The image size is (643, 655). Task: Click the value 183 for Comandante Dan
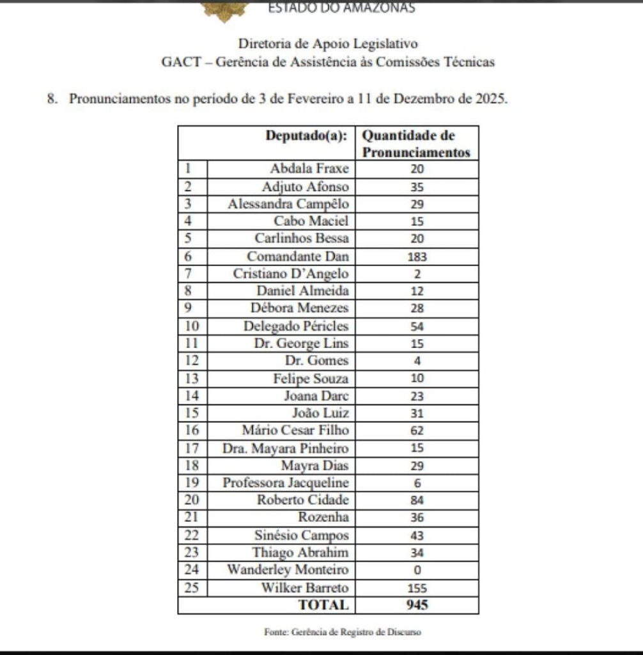click(417, 257)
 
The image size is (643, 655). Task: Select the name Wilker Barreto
click(306, 587)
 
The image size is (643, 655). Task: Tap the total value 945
click(417, 604)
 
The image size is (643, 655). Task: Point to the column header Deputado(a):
click(307, 136)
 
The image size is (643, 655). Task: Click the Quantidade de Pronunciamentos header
click(416, 144)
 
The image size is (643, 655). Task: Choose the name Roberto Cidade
click(303, 500)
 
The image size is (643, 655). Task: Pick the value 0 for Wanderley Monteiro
click(417, 570)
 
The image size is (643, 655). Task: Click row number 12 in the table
click(192, 360)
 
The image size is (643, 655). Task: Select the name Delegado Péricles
click(296, 326)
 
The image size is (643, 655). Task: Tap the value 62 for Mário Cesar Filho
click(417, 431)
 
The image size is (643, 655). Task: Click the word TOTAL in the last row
click(325, 604)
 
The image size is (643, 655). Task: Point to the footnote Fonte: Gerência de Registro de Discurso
click(343, 632)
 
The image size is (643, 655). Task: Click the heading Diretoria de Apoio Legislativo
click(328, 44)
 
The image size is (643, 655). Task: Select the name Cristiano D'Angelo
click(291, 274)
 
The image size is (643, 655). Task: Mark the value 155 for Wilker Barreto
click(417, 588)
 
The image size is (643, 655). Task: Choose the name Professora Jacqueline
click(286, 483)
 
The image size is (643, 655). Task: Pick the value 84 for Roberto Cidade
click(417, 501)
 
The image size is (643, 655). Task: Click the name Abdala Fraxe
click(309, 169)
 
